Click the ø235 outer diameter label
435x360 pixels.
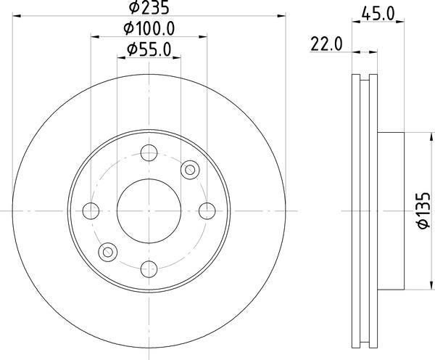[149, 9]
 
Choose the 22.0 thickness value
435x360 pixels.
[326, 45]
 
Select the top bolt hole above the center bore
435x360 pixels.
[149, 153]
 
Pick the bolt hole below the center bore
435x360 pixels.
[149, 268]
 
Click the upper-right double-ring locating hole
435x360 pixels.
[191, 169]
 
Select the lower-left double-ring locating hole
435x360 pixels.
[107, 252]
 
